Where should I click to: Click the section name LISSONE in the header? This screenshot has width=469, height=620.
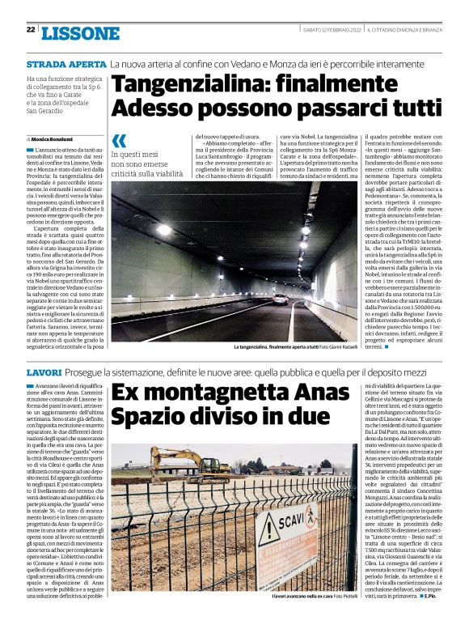click(79, 33)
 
